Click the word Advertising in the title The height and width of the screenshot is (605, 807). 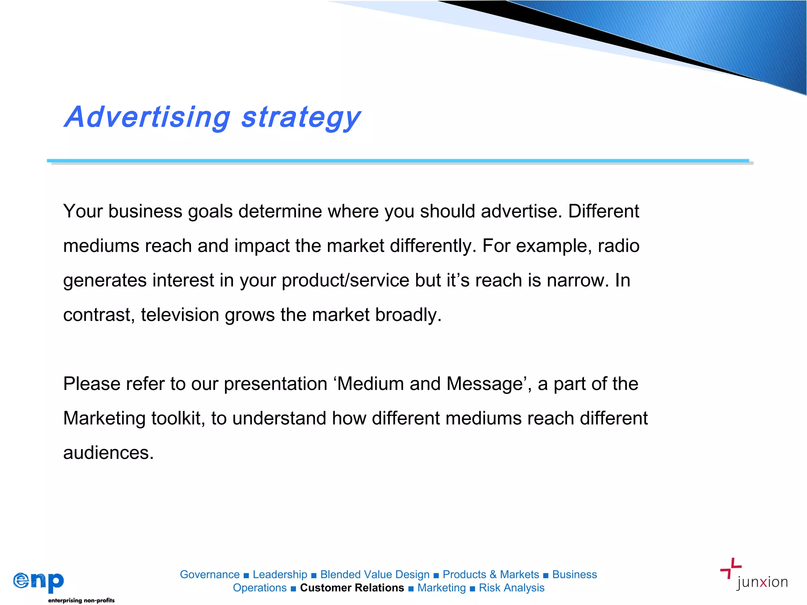click(x=148, y=117)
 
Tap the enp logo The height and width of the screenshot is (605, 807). click(x=39, y=582)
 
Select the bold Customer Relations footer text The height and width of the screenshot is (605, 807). click(x=352, y=588)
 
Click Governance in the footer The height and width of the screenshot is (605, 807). click(x=210, y=574)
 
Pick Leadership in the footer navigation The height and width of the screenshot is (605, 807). click(x=280, y=574)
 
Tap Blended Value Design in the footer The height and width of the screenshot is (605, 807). click(x=375, y=574)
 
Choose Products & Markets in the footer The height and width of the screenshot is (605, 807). click(x=491, y=574)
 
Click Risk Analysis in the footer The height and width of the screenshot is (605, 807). click(x=511, y=588)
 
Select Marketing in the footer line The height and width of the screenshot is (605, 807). click(x=441, y=588)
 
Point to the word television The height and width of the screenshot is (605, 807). click(x=180, y=315)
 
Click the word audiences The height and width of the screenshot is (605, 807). click(x=108, y=453)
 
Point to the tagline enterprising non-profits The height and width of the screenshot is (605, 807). click(x=81, y=600)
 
